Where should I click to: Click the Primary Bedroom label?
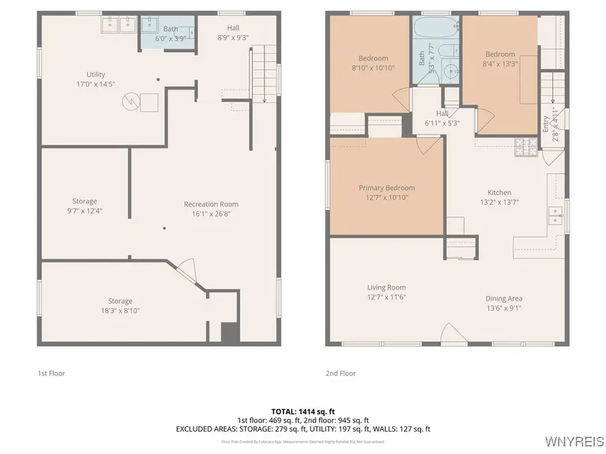386,188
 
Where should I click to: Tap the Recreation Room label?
211,204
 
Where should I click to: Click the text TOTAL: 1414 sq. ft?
302,411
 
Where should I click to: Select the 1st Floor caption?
51,373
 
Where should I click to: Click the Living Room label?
386,287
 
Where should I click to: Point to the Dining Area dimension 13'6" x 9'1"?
504,308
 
